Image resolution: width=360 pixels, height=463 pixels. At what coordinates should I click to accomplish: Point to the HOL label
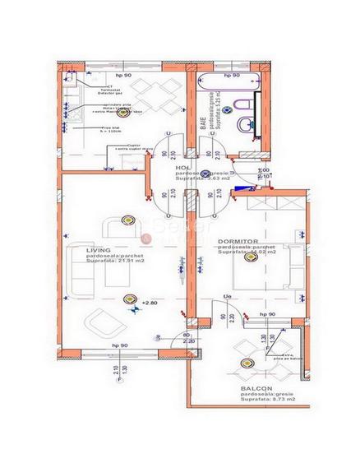[183, 168]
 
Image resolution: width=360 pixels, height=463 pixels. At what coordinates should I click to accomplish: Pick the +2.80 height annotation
[149, 303]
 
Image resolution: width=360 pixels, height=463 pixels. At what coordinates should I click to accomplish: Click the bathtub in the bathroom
[228, 85]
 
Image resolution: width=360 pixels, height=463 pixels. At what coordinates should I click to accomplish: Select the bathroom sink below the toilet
[247, 125]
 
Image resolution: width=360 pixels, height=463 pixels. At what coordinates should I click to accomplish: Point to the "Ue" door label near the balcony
[227, 296]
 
